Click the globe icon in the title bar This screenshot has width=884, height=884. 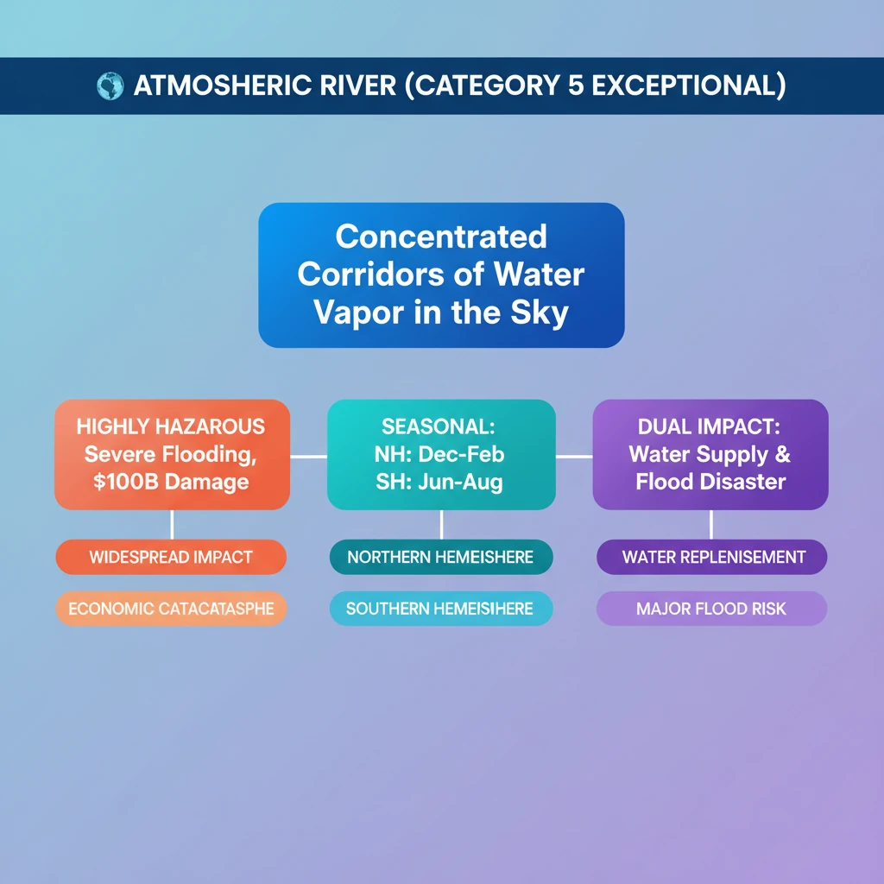[x=110, y=86]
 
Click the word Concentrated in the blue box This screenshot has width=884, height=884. [x=441, y=236]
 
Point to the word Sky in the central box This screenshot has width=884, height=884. [x=540, y=312]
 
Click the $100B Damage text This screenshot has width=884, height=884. [x=171, y=482]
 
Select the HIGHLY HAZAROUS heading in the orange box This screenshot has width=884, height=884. [x=171, y=426]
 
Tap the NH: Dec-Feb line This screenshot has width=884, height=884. [x=440, y=454]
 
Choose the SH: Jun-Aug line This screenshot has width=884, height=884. [x=440, y=482]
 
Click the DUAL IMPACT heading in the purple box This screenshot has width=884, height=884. [x=710, y=426]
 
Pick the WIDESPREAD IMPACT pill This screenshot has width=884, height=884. [x=171, y=557]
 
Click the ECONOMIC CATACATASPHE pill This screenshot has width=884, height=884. [x=171, y=609]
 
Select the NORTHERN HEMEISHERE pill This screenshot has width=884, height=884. [x=440, y=557]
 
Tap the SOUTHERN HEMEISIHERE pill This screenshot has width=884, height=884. [x=440, y=609]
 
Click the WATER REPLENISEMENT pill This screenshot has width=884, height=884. [x=711, y=557]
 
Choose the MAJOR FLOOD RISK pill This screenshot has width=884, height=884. [x=711, y=609]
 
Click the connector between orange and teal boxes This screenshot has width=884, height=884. [x=308, y=456]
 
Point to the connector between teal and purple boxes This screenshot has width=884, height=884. [x=574, y=456]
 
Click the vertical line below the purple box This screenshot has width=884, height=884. [x=710, y=524]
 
